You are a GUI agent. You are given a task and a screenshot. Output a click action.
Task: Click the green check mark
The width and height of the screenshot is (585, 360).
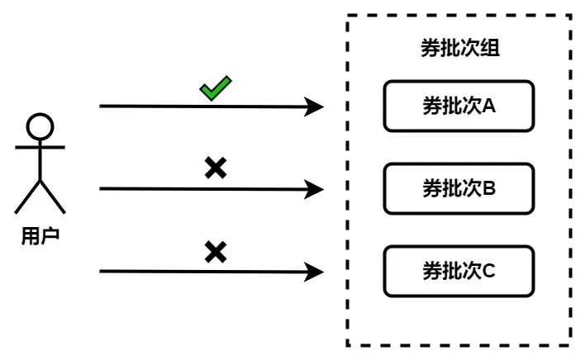click(x=216, y=88)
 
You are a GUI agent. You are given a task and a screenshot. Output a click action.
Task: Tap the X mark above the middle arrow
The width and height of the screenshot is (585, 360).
click(x=216, y=168)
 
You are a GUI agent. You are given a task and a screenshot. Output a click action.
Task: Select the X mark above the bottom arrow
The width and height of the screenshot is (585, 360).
click(x=216, y=251)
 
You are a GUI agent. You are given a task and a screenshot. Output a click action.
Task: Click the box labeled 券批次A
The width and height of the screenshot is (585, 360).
click(x=459, y=106)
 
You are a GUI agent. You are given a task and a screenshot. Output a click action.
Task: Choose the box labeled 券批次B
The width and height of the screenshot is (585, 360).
click(x=459, y=188)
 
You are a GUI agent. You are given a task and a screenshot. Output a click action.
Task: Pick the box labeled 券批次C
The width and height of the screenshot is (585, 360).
click(x=459, y=270)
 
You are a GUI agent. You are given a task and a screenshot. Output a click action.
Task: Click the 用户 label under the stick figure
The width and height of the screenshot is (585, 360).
click(x=40, y=236)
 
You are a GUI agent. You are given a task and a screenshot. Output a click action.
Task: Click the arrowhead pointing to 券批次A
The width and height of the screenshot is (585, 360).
click(x=315, y=107)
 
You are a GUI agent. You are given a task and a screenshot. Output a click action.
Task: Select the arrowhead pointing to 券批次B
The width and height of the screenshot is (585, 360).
click(x=315, y=189)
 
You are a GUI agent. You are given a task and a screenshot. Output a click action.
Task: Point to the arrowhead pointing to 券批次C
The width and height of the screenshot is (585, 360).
click(x=315, y=271)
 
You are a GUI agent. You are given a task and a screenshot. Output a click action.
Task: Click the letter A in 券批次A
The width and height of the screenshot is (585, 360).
click(x=487, y=107)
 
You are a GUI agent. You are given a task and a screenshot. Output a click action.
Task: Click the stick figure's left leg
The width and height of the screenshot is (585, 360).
click(x=28, y=198)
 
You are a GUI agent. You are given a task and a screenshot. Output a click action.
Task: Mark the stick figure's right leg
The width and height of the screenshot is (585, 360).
click(x=52, y=198)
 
